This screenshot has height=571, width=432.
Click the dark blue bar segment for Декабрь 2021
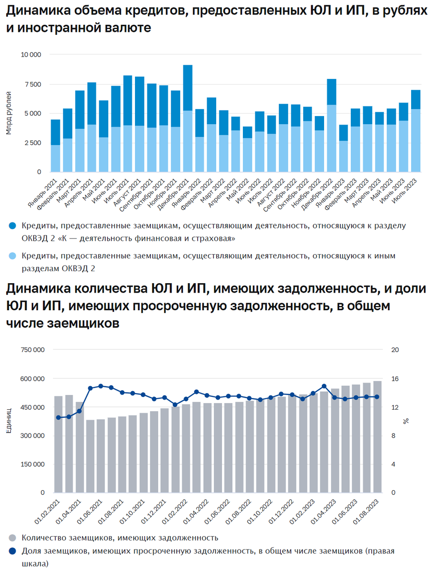[188, 88]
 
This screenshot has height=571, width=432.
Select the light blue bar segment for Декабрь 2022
[331, 138]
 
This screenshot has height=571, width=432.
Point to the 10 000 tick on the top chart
[32, 55]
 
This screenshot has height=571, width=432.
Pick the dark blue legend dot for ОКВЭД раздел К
[13, 225]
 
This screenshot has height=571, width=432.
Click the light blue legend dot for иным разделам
[13, 256]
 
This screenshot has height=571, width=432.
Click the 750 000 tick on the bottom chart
[32, 350]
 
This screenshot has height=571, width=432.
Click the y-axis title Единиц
[9, 422]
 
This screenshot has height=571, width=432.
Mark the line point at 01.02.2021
[58, 417]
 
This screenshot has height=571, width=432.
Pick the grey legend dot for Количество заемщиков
[13, 538]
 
